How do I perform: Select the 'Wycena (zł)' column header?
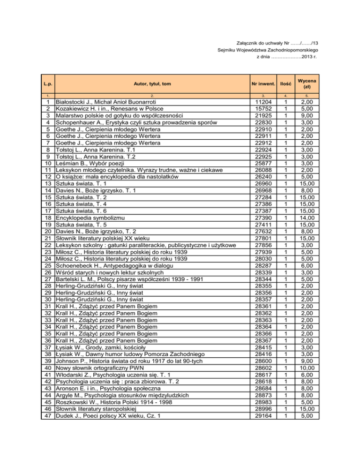click(306, 83)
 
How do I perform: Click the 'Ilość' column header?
click(286, 83)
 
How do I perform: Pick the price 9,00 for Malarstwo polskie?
click(307, 117)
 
